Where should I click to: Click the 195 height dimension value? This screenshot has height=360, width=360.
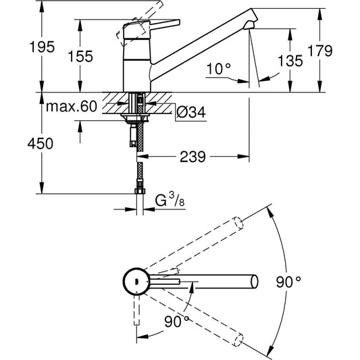pyautogui.click(x=22, y=48)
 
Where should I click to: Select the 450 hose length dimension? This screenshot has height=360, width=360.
pyautogui.click(x=22, y=143)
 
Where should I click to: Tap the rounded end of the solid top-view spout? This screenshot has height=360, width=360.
pyautogui.click(x=254, y=280)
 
